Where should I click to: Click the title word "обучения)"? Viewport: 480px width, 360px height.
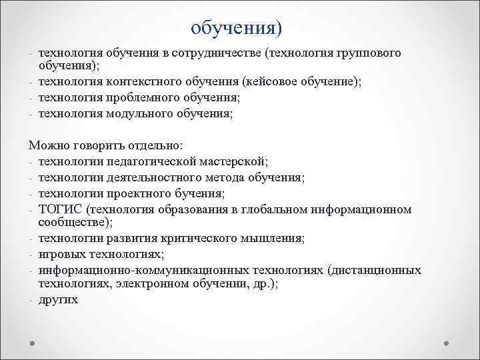point(236,29)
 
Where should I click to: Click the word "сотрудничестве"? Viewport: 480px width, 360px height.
point(213,53)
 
